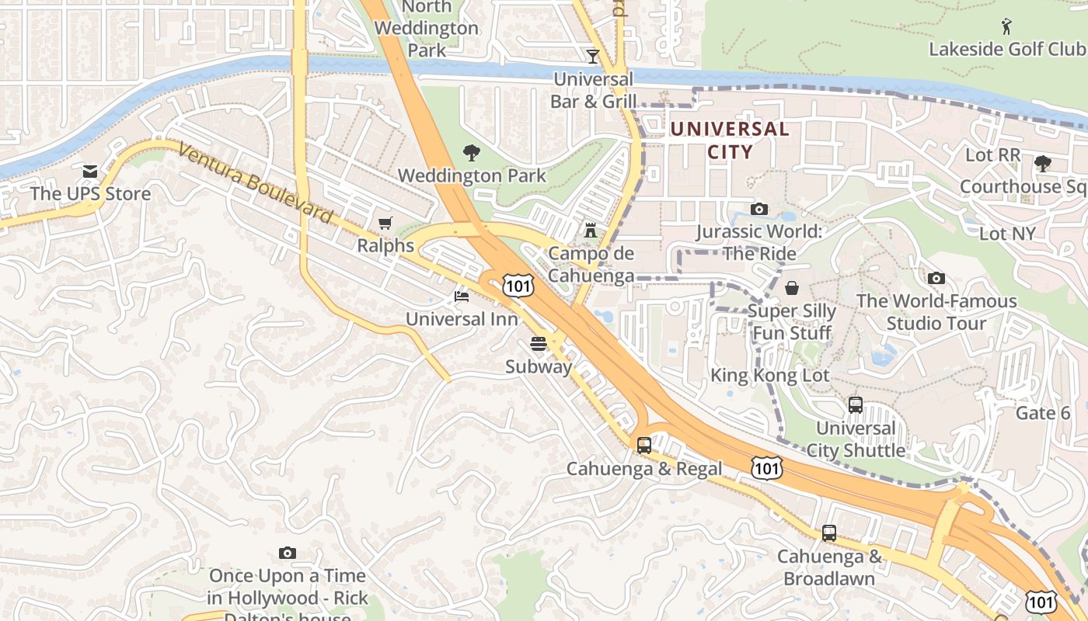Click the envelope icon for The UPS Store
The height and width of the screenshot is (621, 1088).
(90, 171)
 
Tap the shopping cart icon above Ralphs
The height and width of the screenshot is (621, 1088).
(385, 224)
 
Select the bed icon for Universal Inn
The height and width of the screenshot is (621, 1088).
(462, 297)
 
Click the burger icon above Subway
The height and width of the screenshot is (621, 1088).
(539, 344)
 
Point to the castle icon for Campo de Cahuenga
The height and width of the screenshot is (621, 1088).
(591, 231)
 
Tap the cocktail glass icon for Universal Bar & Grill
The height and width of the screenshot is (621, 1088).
(593, 57)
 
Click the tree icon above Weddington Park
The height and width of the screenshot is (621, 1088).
(471, 153)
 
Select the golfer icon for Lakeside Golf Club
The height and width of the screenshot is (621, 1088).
(1007, 26)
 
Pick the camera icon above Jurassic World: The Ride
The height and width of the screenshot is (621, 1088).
(758, 209)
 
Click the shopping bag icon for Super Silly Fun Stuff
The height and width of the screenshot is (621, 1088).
(792, 289)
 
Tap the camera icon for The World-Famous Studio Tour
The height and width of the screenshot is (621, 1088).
(936, 278)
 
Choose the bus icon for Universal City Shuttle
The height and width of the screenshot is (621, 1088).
(856, 405)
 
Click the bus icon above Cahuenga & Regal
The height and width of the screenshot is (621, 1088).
(644, 446)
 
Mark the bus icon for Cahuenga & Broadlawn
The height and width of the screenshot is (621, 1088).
(829, 533)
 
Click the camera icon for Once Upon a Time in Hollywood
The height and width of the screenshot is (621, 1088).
(288, 553)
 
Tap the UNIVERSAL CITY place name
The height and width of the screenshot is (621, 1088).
(730, 140)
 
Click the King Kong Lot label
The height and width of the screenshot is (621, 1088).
(770, 376)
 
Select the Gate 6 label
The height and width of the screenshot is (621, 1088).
(1043, 413)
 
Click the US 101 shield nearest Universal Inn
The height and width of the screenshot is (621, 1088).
(518, 285)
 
